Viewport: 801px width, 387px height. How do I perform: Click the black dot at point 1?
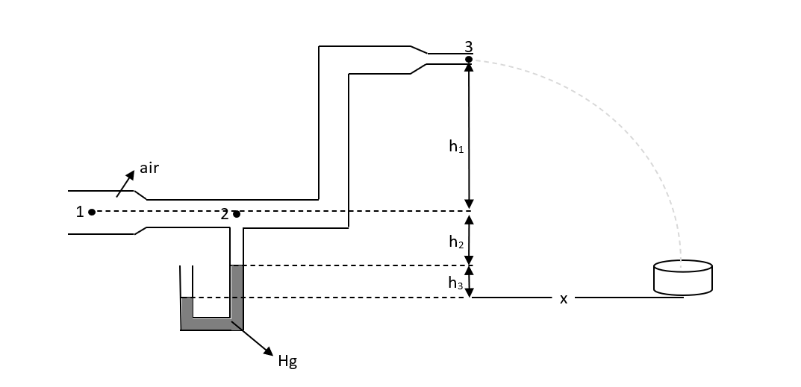tap(92, 212)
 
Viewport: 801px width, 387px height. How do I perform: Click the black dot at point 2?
tap(236, 215)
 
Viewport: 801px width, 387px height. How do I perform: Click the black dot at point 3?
tap(469, 59)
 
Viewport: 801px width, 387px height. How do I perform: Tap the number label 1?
tap(80, 212)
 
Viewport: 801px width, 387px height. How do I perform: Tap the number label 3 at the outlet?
tap(469, 47)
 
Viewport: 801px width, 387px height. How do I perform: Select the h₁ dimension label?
tap(456, 147)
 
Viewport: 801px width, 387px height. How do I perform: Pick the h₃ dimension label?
tap(455, 283)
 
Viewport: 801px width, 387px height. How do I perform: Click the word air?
tap(149, 168)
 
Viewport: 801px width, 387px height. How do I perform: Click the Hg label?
tap(287, 362)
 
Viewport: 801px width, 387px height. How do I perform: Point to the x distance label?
tap(564, 298)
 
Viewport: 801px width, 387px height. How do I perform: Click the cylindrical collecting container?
tap(682, 277)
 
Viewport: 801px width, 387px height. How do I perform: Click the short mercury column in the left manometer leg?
tap(187, 306)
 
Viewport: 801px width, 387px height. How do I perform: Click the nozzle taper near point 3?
tap(420, 60)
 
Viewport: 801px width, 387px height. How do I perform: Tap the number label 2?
tap(224, 214)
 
